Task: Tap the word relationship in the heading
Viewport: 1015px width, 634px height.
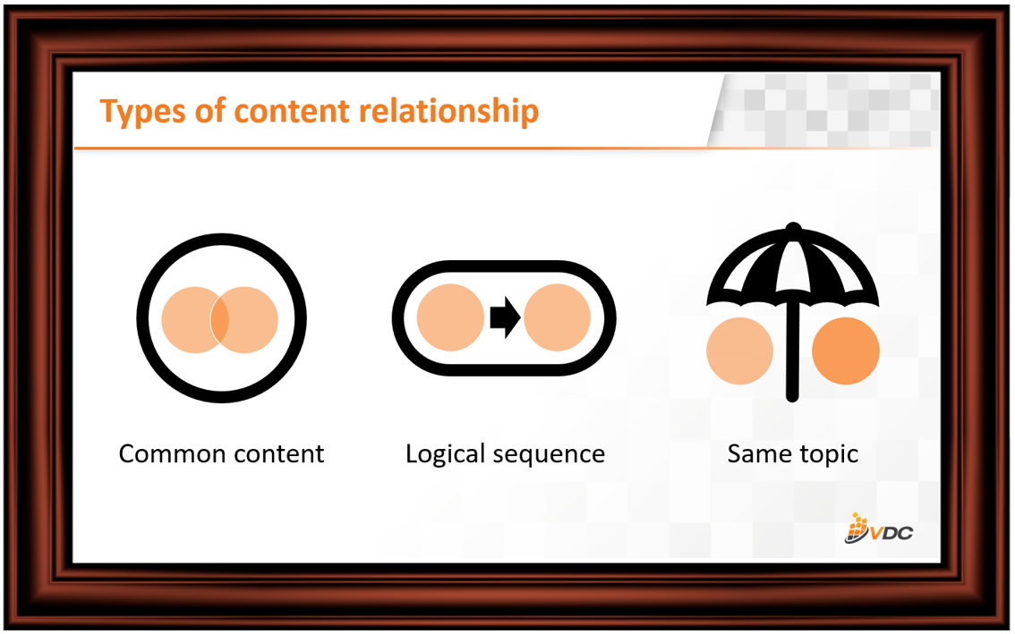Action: pyautogui.click(x=448, y=110)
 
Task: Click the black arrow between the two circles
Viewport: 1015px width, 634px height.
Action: pyautogui.click(x=505, y=317)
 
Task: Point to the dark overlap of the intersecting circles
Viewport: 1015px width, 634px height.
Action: pyautogui.click(x=219, y=319)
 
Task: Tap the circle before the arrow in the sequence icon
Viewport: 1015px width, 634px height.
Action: pyautogui.click(x=450, y=317)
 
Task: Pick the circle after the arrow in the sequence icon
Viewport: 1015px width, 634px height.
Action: pyautogui.click(x=558, y=317)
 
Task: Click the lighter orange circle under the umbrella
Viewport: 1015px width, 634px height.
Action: pyautogui.click(x=740, y=351)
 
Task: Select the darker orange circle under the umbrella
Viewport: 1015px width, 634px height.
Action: pyautogui.click(x=846, y=351)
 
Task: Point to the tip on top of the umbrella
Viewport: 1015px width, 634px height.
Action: pyautogui.click(x=793, y=227)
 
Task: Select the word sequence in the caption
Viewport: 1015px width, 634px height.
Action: pyautogui.click(x=549, y=456)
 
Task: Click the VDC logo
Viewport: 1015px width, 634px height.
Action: pyautogui.click(x=879, y=528)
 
